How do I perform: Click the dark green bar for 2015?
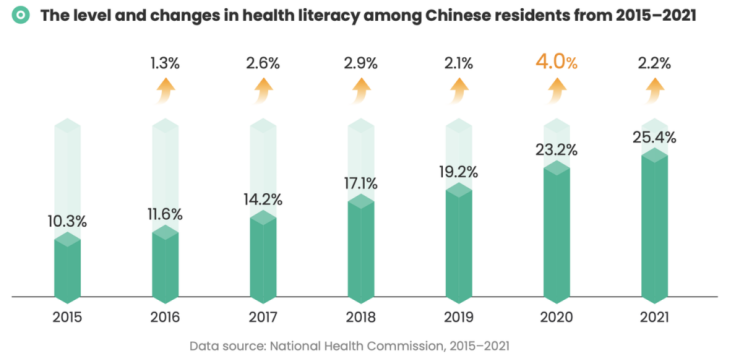67,268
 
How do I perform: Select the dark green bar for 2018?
361,249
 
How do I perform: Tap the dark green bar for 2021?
654,226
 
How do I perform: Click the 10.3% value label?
67,221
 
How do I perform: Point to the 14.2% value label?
263,199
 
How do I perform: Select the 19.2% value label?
459,172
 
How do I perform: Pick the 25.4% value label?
655,137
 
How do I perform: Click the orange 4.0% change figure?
556,62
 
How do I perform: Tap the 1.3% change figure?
165,63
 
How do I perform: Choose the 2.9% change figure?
361,63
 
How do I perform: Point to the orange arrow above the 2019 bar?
459,91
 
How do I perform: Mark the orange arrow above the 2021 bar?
655,91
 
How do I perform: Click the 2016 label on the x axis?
165,317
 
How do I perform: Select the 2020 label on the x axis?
556,317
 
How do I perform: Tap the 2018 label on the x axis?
361,317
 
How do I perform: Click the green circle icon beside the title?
20,16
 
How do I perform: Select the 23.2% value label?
556,150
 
